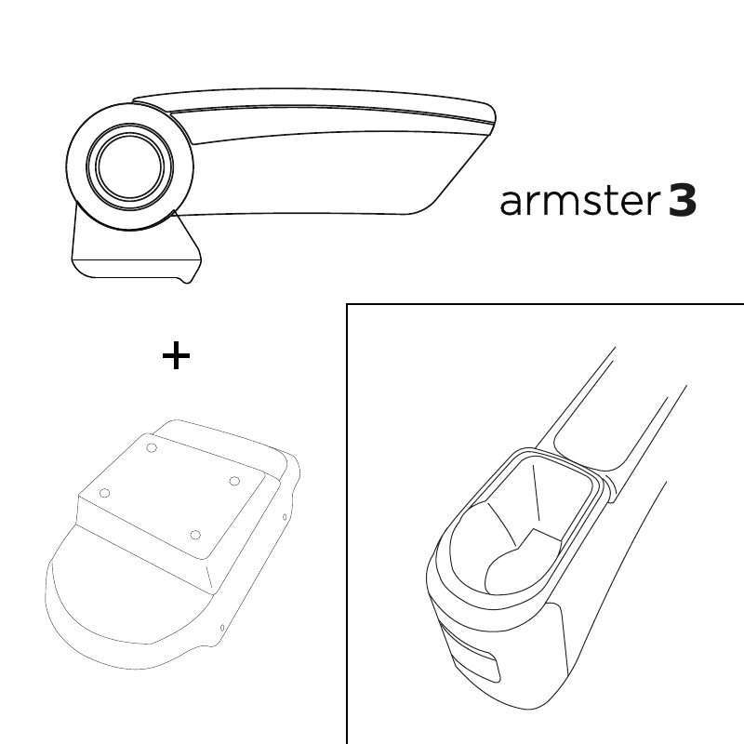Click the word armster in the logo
[579, 202]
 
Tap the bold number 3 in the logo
[683, 201]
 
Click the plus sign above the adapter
[176, 355]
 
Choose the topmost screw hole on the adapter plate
[152, 447]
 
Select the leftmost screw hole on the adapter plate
[105, 494]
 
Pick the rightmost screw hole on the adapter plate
[234, 481]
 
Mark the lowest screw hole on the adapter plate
[195, 536]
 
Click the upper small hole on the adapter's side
[285, 517]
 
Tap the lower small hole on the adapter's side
[222, 629]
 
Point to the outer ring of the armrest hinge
[68, 166]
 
